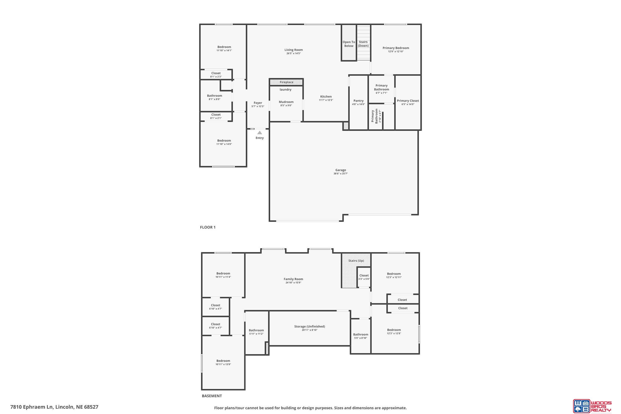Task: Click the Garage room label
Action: [340, 170]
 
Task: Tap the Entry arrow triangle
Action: [260, 133]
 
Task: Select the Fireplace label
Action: [286, 82]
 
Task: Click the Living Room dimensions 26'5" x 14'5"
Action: [293, 53]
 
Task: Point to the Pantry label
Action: [358, 101]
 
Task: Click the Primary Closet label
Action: [408, 101]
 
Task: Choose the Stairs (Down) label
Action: [363, 44]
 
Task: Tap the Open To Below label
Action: [349, 44]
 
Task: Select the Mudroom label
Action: [286, 102]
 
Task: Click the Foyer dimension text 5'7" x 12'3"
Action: [258, 106]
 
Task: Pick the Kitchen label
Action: [326, 97]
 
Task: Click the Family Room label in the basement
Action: [293, 279]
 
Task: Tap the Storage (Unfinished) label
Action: [310, 327]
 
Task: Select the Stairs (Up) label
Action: [356, 261]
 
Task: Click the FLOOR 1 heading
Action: [207, 227]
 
